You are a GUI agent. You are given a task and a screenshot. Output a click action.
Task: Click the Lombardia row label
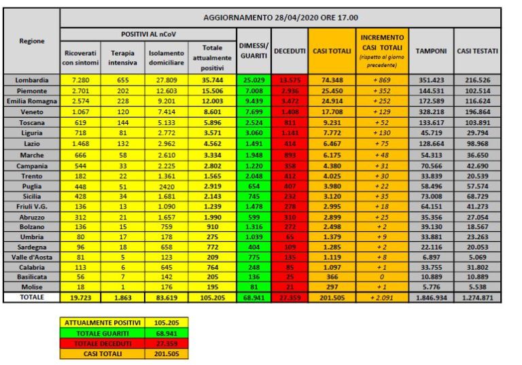click(31, 80)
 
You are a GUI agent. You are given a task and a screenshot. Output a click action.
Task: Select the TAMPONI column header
click(431, 51)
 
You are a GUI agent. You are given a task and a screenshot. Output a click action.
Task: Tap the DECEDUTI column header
click(290, 51)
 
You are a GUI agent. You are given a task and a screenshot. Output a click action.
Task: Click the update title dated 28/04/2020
click(280, 17)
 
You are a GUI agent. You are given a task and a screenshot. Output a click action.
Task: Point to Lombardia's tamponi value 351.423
click(431, 80)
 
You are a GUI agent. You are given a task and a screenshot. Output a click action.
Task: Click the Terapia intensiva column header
click(123, 58)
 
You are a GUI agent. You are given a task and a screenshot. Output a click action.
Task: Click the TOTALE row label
click(31, 297)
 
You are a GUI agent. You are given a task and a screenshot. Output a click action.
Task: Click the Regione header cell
click(31, 41)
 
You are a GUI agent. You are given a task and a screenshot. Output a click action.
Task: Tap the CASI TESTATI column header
click(477, 51)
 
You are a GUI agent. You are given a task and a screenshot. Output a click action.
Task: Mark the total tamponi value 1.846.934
click(431, 297)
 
